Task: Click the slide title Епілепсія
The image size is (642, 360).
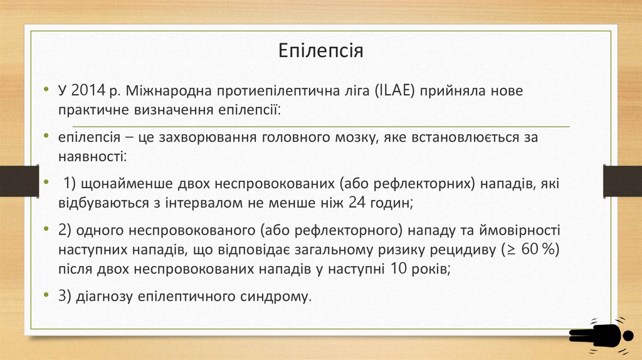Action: (x=321, y=50)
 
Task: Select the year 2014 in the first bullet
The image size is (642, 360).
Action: (x=88, y=91)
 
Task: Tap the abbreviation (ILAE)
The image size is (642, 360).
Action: (x=392, y=91)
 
